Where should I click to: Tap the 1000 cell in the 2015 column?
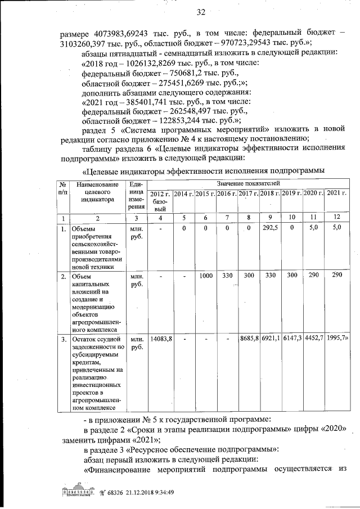coord(206,276)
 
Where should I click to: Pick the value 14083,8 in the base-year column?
coord(161,339)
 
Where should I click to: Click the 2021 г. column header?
coord(336,193)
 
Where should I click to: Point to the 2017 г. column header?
coord(248,193)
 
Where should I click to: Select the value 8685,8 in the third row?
coord(248,339)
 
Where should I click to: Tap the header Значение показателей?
coord(247,183)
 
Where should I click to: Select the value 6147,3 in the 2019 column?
coord(292,339)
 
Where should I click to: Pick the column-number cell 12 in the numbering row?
coord(336,217)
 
